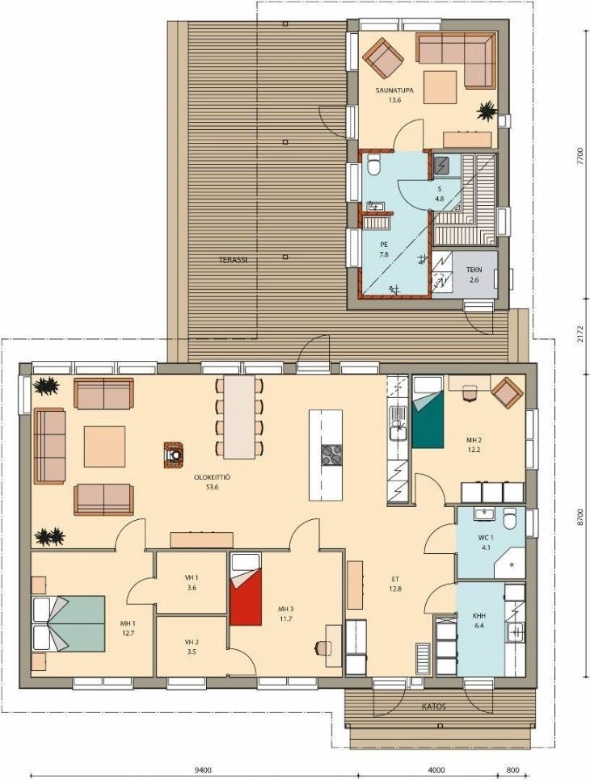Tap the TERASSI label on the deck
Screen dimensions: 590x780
pos(233,260)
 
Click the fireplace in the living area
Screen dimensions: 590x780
pos(173,454)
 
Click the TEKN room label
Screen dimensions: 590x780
pos(474,270)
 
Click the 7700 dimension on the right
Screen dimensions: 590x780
pos(579,158)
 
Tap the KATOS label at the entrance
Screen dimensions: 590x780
pos(434,707)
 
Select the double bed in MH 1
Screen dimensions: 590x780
pos(69,624)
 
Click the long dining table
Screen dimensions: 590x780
pos(239,417)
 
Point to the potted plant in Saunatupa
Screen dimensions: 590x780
pos(486,111)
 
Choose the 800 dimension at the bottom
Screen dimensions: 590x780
pos(513,770)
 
